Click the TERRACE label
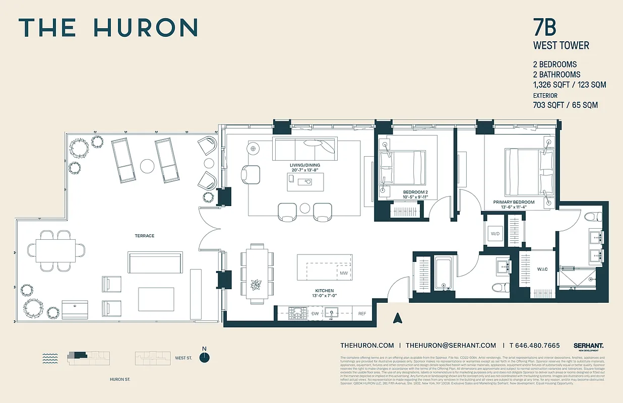tap(144, 236)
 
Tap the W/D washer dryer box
tap(494, 234)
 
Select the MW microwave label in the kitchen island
tap(344, 273)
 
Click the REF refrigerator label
tap(362, 313)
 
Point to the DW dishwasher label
tap(315, 313)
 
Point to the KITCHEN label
tap(325, 291)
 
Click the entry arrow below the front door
tap(397, 317)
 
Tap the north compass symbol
tap(204, 357)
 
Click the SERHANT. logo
tap(588, 346)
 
